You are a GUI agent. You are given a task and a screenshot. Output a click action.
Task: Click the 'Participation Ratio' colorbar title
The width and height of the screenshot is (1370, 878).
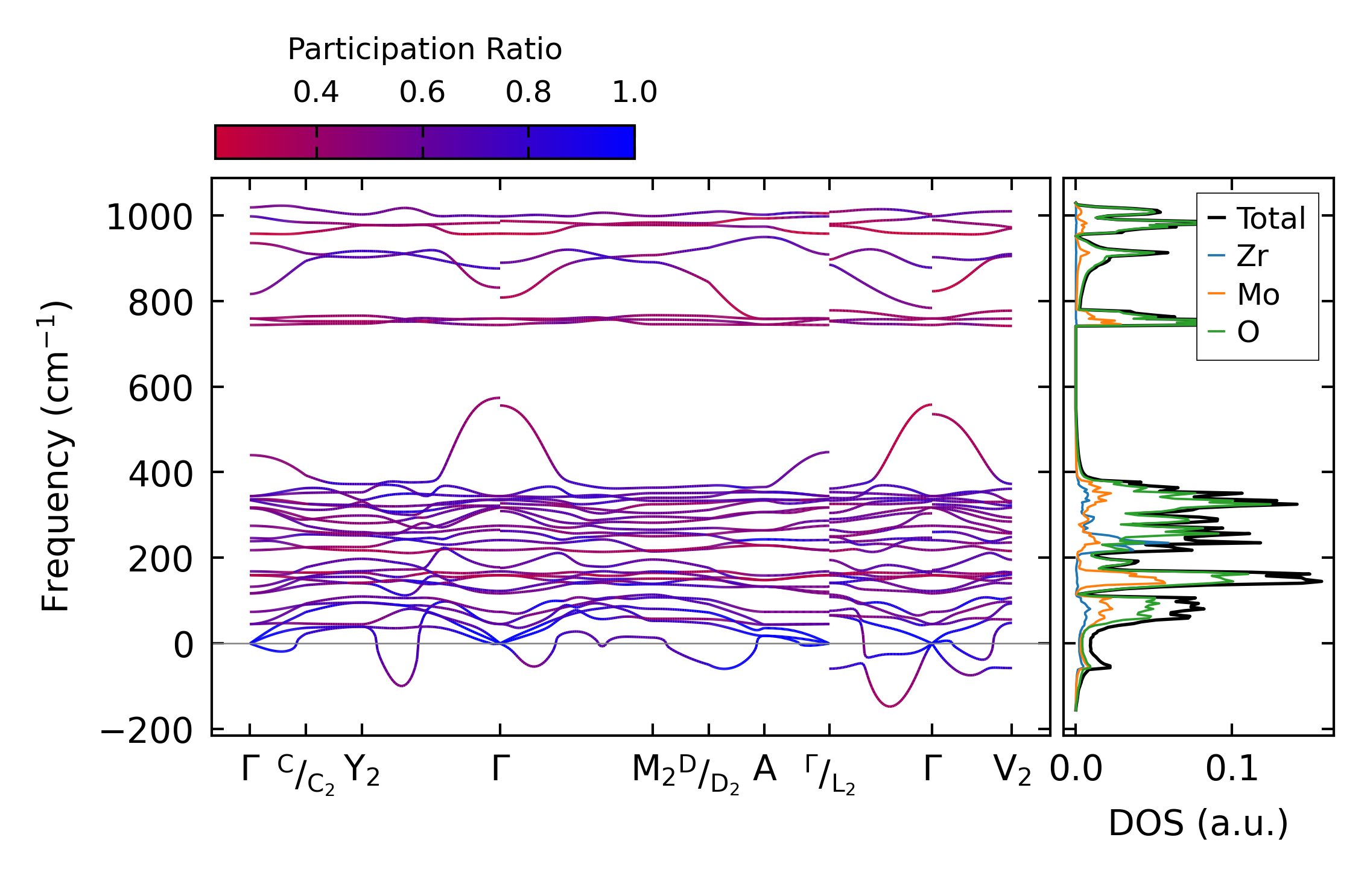point(424,49)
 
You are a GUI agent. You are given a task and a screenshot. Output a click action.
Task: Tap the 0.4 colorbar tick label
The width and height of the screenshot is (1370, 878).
point(316,92)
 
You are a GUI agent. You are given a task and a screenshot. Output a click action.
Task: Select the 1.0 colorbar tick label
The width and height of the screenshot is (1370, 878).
point(634,92)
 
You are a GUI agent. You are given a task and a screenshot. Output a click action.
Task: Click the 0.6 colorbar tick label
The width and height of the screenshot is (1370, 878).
point(422,92)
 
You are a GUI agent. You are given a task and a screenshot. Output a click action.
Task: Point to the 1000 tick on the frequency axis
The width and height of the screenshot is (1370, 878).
point(148,217)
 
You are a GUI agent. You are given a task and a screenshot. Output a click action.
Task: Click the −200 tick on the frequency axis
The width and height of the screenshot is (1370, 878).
point(147,732)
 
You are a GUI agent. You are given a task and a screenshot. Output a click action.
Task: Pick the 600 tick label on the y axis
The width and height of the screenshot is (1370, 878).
point(160,389)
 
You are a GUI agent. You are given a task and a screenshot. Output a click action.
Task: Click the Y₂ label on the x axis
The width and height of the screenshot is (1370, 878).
point(362,771)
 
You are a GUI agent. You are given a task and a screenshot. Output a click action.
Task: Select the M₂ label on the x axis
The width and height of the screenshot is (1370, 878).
point(653,771)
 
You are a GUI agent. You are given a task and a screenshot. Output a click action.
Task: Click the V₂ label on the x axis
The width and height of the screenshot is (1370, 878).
point(1012,771)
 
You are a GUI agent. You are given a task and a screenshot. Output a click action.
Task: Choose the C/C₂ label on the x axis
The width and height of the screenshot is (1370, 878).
point(306,774)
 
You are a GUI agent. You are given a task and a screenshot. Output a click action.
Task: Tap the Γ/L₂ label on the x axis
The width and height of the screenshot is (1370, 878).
point(830,774)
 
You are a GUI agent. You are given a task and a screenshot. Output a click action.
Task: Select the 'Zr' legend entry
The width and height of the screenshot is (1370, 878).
point(1252,256)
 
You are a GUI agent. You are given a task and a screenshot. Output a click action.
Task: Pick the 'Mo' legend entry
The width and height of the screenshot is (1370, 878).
point(1258,294)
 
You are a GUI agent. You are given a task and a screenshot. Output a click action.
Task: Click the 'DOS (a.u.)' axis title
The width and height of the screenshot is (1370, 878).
point(1198,823)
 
